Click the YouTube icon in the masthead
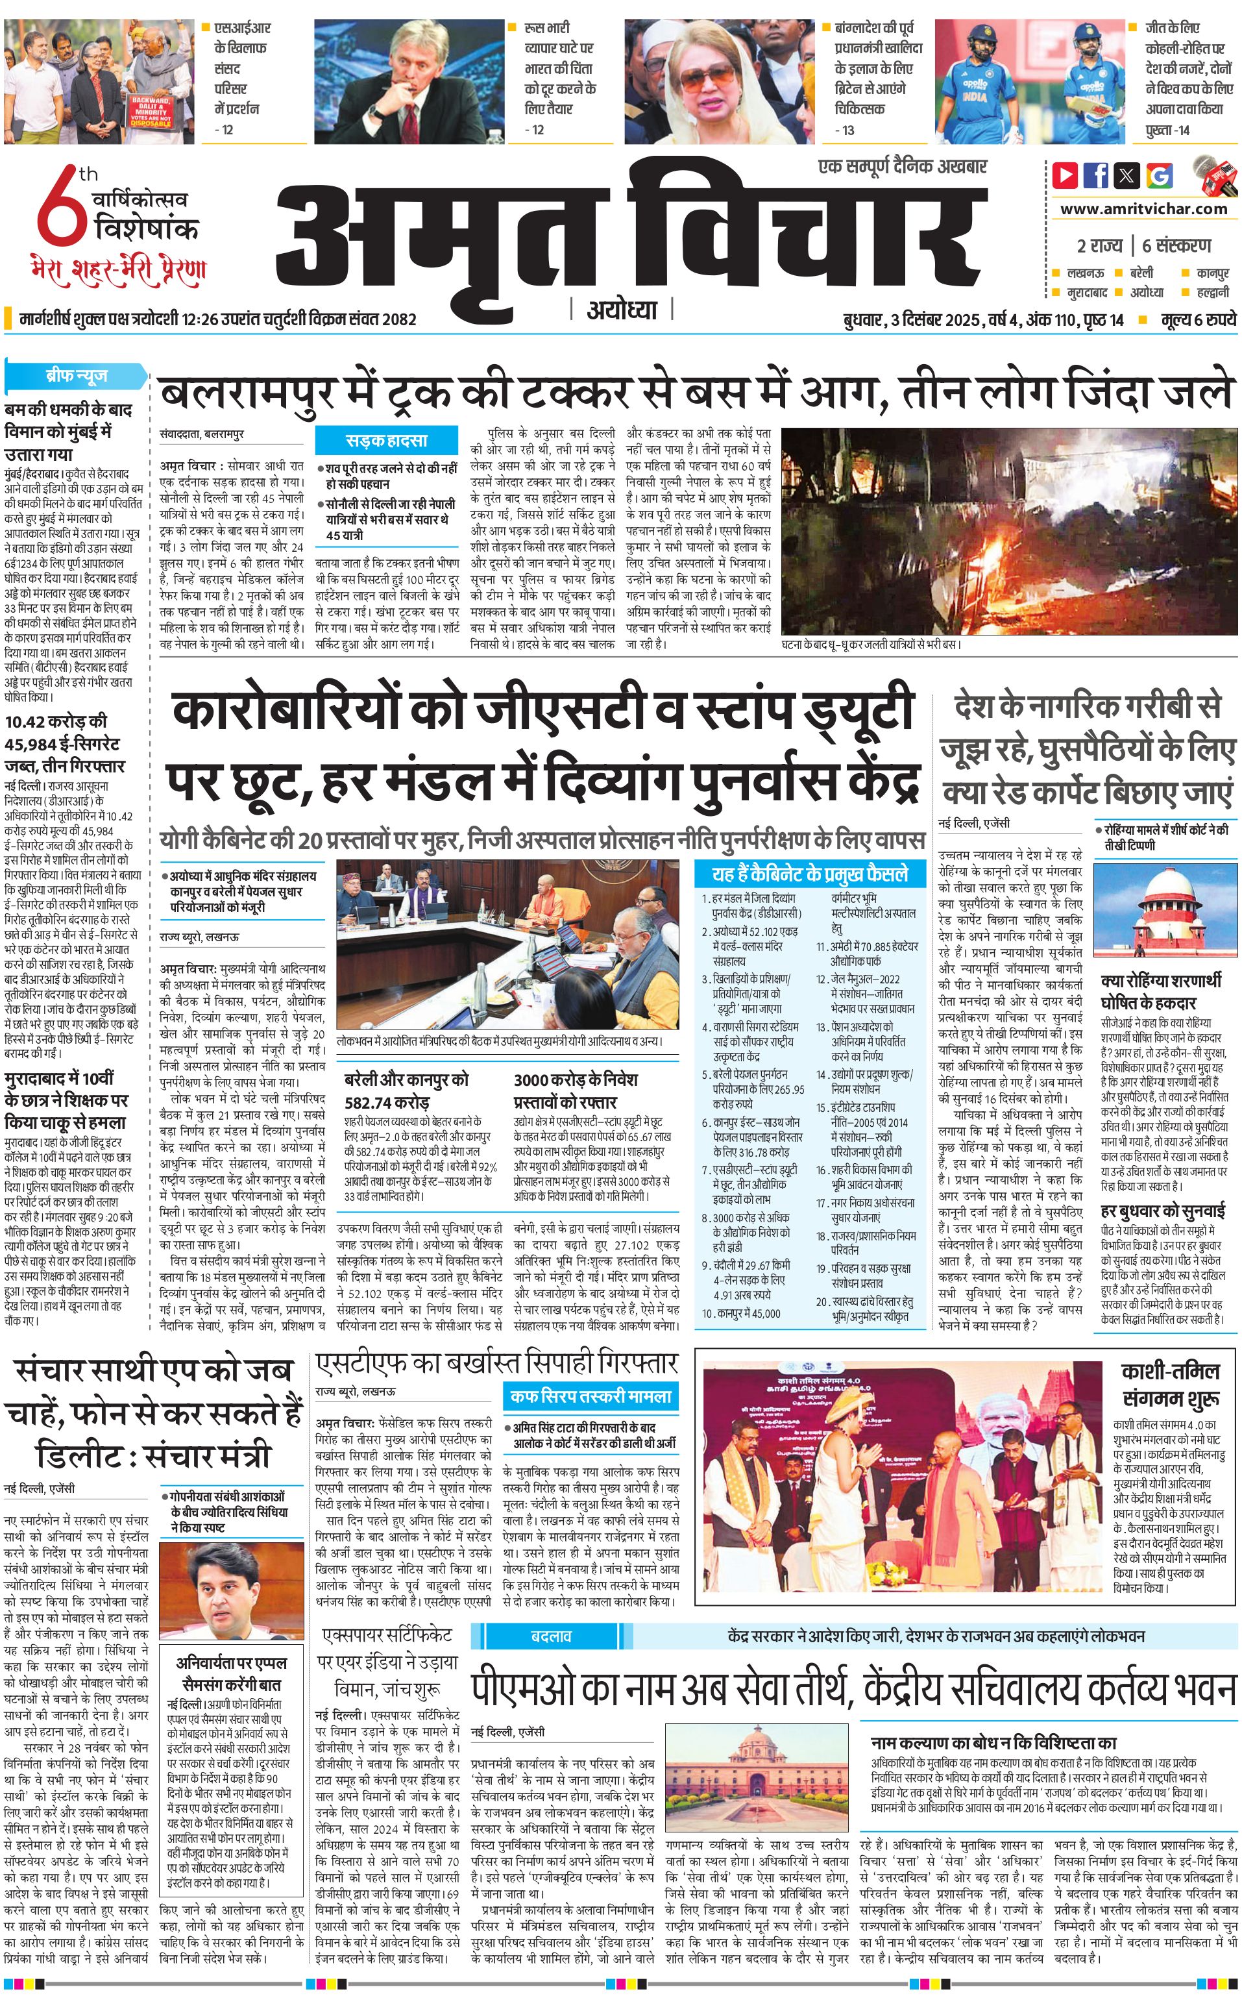click(x=1065, y=175)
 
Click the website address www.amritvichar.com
click(x=1143, y=209)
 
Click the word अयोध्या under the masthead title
click(x=622, y=310)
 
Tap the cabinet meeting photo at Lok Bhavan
click(x=507, y=944)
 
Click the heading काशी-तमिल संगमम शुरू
click(x=1170, y=1385)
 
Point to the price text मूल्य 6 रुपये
click(x=1199, y=319)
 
